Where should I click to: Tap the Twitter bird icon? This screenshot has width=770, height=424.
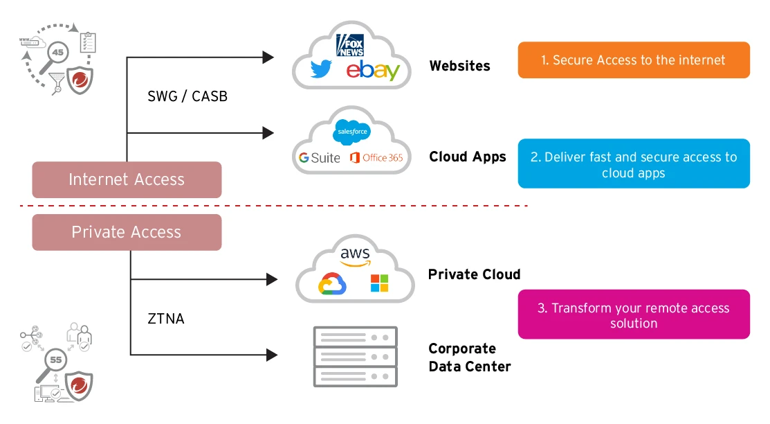[x=321, y=69]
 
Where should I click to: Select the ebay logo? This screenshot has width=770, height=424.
[x=373, y=70]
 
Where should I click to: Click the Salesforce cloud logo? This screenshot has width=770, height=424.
[x=352, y=132]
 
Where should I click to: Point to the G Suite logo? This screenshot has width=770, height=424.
[x=319, y=158]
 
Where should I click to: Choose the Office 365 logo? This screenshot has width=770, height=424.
[x=376, y=158]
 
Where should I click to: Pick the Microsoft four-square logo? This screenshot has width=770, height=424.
[x=379, y=283]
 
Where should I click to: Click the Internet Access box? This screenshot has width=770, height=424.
[x=127, y=180]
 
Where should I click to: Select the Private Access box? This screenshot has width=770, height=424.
[x=127, y=232]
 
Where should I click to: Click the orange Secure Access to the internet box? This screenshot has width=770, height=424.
[x=633, y=60]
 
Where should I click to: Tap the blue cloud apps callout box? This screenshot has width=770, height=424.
[x=633, y=165]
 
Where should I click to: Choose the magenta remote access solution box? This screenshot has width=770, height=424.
[x=633, y=315]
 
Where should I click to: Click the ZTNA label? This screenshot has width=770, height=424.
[x=166, y=319]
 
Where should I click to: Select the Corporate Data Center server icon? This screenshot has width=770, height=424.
[x=356, y=357]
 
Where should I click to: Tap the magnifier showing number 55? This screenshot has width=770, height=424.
[x=55, y=361]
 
